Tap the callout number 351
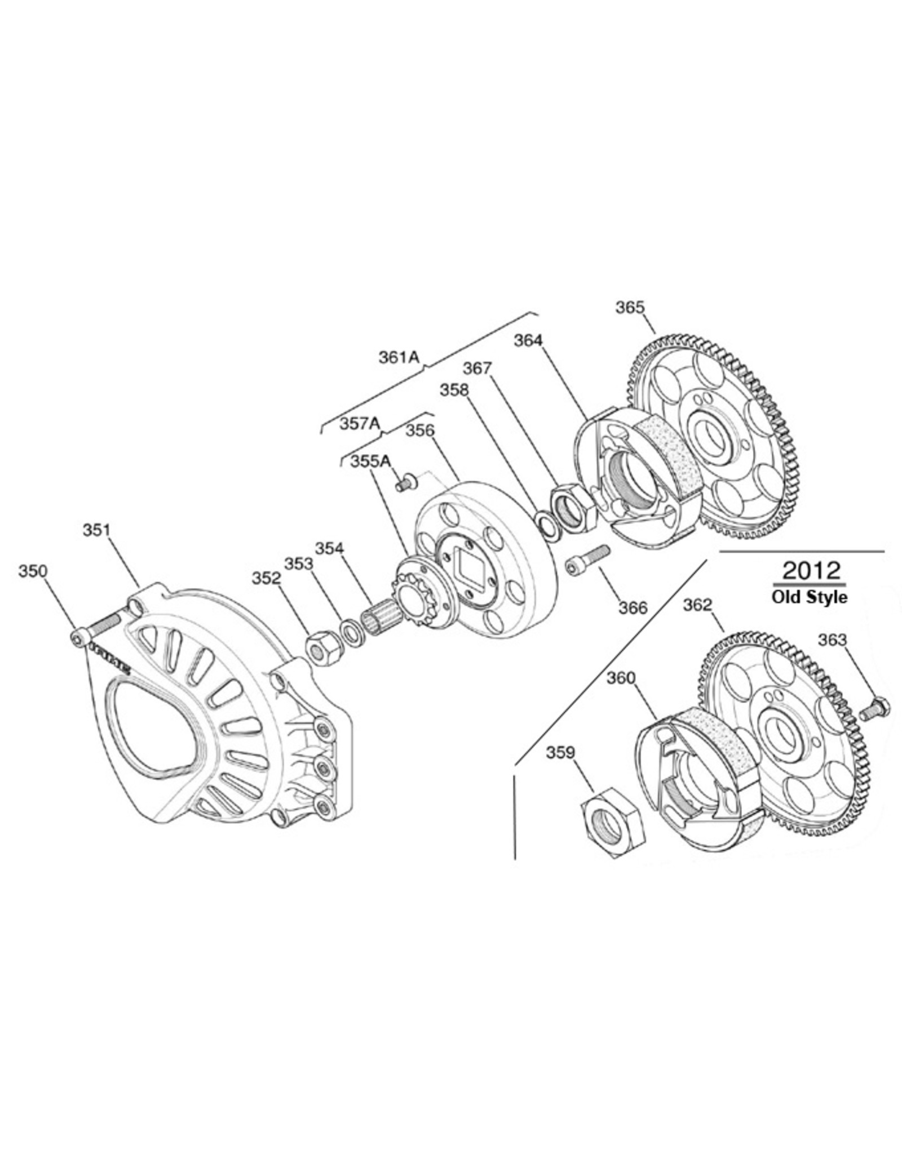(x=96, y=530)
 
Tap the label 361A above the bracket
(x=400, y=357)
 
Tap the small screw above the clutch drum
(x=405, y=483)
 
